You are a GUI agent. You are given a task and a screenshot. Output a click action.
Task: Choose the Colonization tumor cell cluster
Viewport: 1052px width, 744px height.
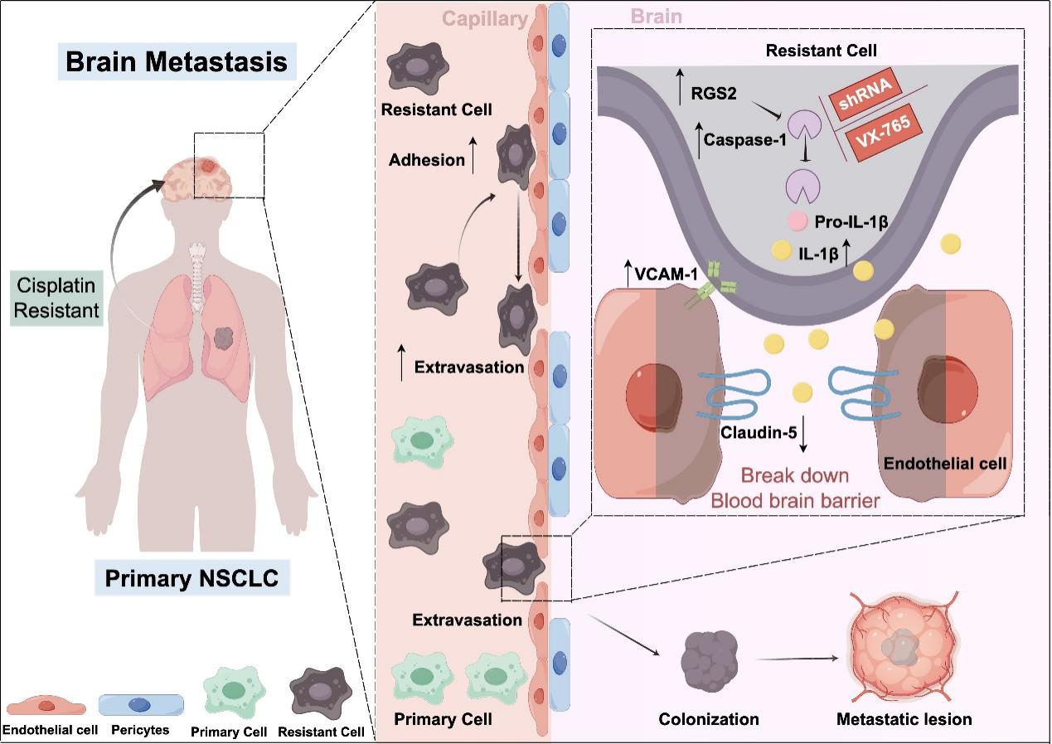pos(710,656)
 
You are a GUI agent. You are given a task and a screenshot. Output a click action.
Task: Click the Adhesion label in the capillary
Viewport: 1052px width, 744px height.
pos(427,161)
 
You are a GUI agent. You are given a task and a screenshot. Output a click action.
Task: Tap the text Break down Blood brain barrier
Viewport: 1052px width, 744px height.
pos(796,489)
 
